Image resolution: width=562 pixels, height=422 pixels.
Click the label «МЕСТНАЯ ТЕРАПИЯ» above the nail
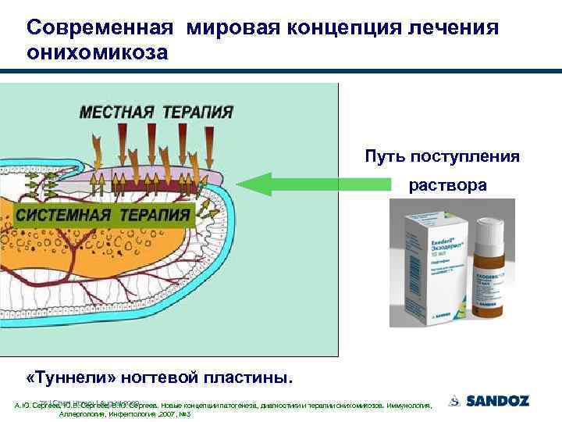click(x=155, y=111)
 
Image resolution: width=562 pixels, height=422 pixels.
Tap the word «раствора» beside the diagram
click(x=448, y=187)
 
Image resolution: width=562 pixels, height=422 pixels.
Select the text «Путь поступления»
click(x=442, y=156)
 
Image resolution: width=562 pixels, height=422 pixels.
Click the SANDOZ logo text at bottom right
click(x=497, y=402)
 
